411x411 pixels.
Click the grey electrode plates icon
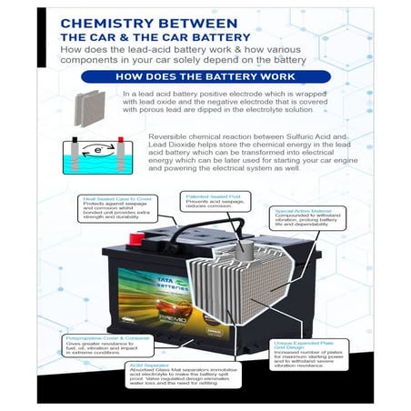coord(89,103)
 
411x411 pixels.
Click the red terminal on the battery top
coord(139,238)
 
